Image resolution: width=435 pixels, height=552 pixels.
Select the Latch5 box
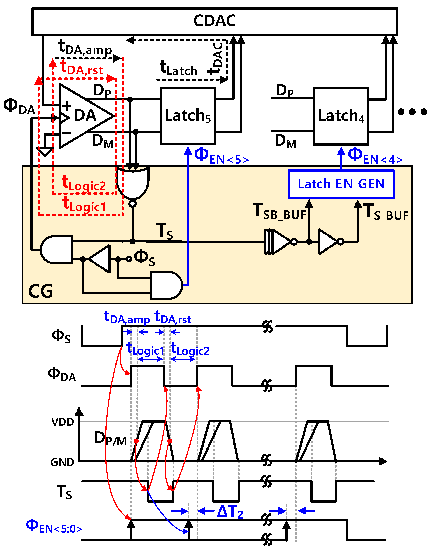pyautogui.click(x=188, y=116)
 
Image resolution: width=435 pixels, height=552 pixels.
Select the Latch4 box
pyautogui.click(x=341, y=116)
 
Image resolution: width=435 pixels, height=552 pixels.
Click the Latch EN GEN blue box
pyautogui.click(x=341, y=184)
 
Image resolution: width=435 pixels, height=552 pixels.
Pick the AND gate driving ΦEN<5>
pyautogui.click(x=166, y=285)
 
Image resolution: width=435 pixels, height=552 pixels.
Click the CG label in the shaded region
pyautogui.click(x=41, y=291)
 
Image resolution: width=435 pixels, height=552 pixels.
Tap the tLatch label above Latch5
pyautogui.click(x=178, y=68)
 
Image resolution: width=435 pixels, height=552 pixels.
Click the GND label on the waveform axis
pyautogui.click(x=62, y=462)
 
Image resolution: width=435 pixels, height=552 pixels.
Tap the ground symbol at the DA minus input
pyautogui.click(x=45, y=152)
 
